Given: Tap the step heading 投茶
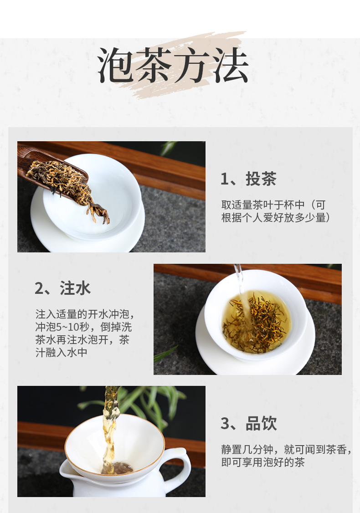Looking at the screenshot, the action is tap(261, 179).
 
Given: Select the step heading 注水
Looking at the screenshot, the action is tap(75, 288).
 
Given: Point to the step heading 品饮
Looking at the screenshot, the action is tap(261, 423).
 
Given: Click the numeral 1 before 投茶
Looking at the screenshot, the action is tap(225, 179).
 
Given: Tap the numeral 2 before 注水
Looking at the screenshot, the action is tap(39, 288).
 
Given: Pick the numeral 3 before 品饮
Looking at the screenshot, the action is tap(225, 424).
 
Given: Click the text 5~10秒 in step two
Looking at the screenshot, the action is tap(72, 327).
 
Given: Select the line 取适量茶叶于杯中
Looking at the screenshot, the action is tap(263, 205).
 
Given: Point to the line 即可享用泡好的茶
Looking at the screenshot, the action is tap(263, 462).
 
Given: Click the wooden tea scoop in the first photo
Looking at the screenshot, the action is tap(46, 170).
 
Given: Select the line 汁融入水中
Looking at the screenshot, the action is tap(62, 352).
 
